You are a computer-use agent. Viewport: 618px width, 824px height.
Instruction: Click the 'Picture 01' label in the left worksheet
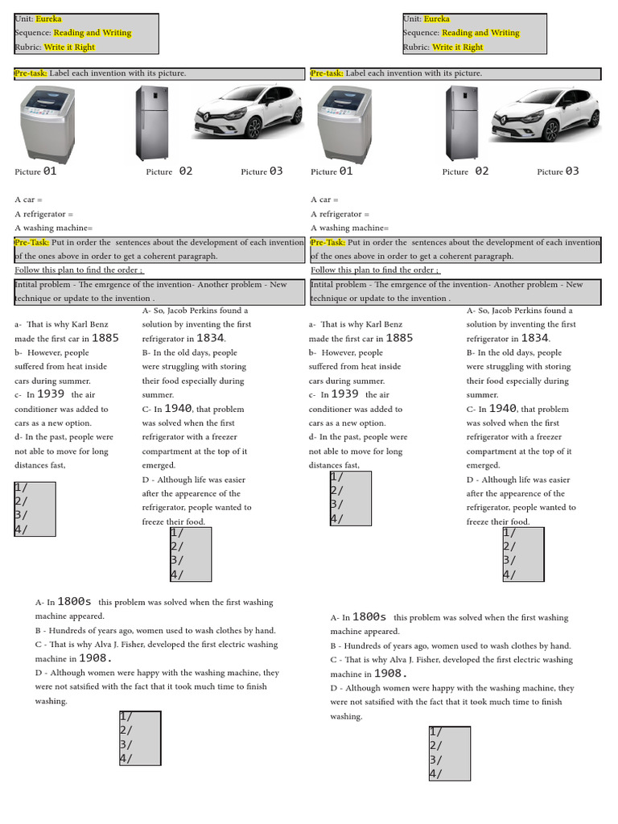[35, 171]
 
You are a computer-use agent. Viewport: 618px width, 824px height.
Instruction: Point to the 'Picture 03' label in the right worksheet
[558, 171]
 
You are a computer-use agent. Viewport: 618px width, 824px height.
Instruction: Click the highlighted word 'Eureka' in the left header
[48, 19]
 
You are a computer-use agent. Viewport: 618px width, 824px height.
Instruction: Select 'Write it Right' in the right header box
[458, 47]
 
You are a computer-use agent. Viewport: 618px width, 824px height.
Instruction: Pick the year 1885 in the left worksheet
[105, 339]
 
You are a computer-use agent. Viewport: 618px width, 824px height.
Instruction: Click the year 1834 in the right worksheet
[534, 339]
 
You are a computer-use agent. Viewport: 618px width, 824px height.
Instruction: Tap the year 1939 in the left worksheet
[51, 395]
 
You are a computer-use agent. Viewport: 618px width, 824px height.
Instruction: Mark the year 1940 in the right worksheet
[501, 409]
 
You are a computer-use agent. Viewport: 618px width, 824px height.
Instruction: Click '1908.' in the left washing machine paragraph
[95, 659]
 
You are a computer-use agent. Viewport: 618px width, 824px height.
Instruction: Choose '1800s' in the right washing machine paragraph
[369, 617]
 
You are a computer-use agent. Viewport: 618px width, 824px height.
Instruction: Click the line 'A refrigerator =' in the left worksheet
[43, 214]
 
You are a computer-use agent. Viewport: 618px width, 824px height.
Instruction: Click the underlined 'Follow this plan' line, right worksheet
[375, 270]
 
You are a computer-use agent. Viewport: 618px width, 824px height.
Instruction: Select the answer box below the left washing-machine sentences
[139, 738]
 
